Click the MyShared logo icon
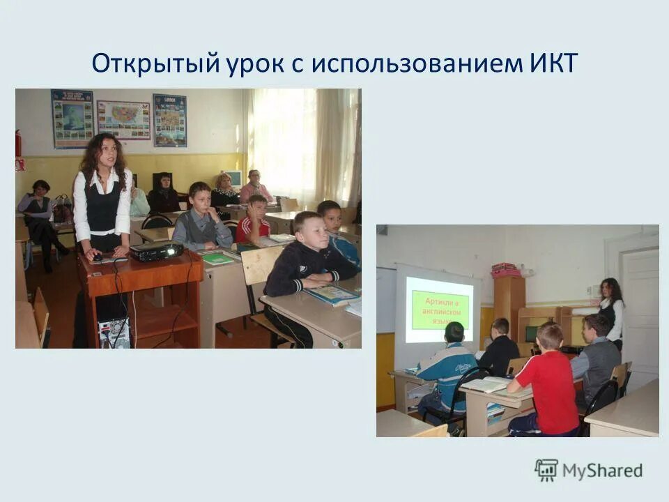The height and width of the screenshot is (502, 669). (x=546, y=470)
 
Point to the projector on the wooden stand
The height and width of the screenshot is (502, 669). (x=156, y=251)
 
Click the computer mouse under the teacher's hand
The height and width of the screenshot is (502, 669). (x=98, y=258)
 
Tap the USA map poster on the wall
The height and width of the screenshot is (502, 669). (x=123, y=120)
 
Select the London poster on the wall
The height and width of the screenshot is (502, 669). (x=169, y=120)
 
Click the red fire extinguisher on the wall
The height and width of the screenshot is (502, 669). (x=18, y=143)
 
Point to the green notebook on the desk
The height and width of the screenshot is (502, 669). (x=218, y=259)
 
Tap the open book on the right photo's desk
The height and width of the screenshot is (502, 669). (x=486, y=384)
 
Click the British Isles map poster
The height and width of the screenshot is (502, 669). (x=72, y=119)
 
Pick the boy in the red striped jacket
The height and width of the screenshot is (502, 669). (x=252, y=223)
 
